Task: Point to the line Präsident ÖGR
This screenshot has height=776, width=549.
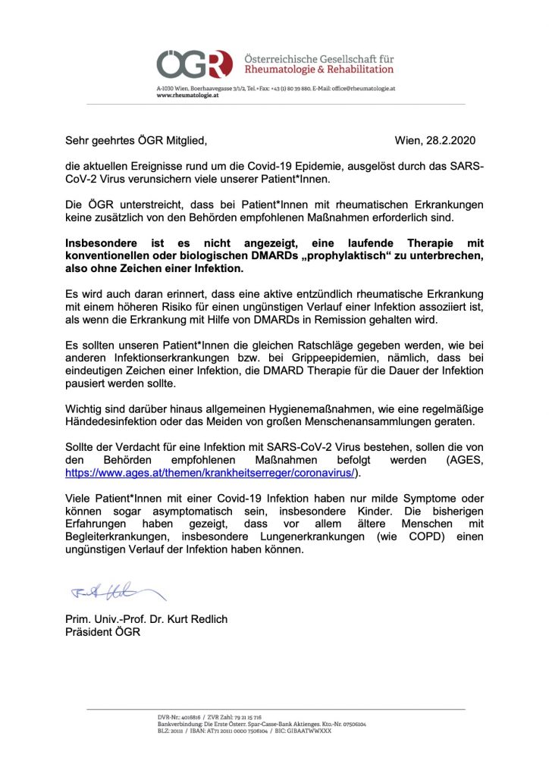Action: click(x=103, y=633)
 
